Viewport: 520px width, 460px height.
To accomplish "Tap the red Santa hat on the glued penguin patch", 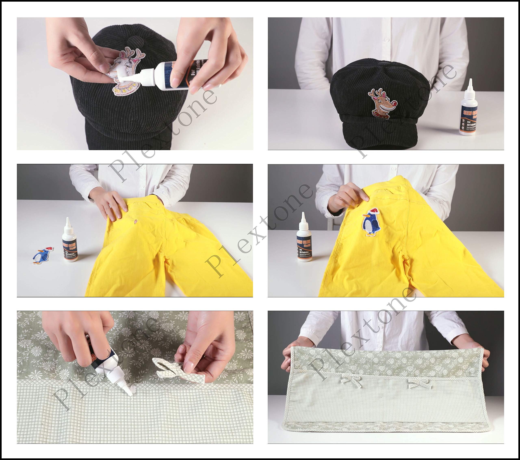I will coord(374,211).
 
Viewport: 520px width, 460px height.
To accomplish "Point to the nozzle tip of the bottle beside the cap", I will coord(471,81).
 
